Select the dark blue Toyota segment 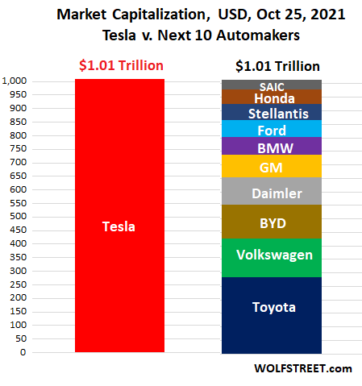tap(272, 314)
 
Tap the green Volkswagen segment tap(272, 257)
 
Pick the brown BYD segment tap(272, 221)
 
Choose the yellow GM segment tap(272, 166)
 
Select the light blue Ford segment tap(272, 129)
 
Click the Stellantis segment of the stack tap(272, 113)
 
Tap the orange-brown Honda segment tap(272, 97)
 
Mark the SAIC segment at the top tap(272, 85)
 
